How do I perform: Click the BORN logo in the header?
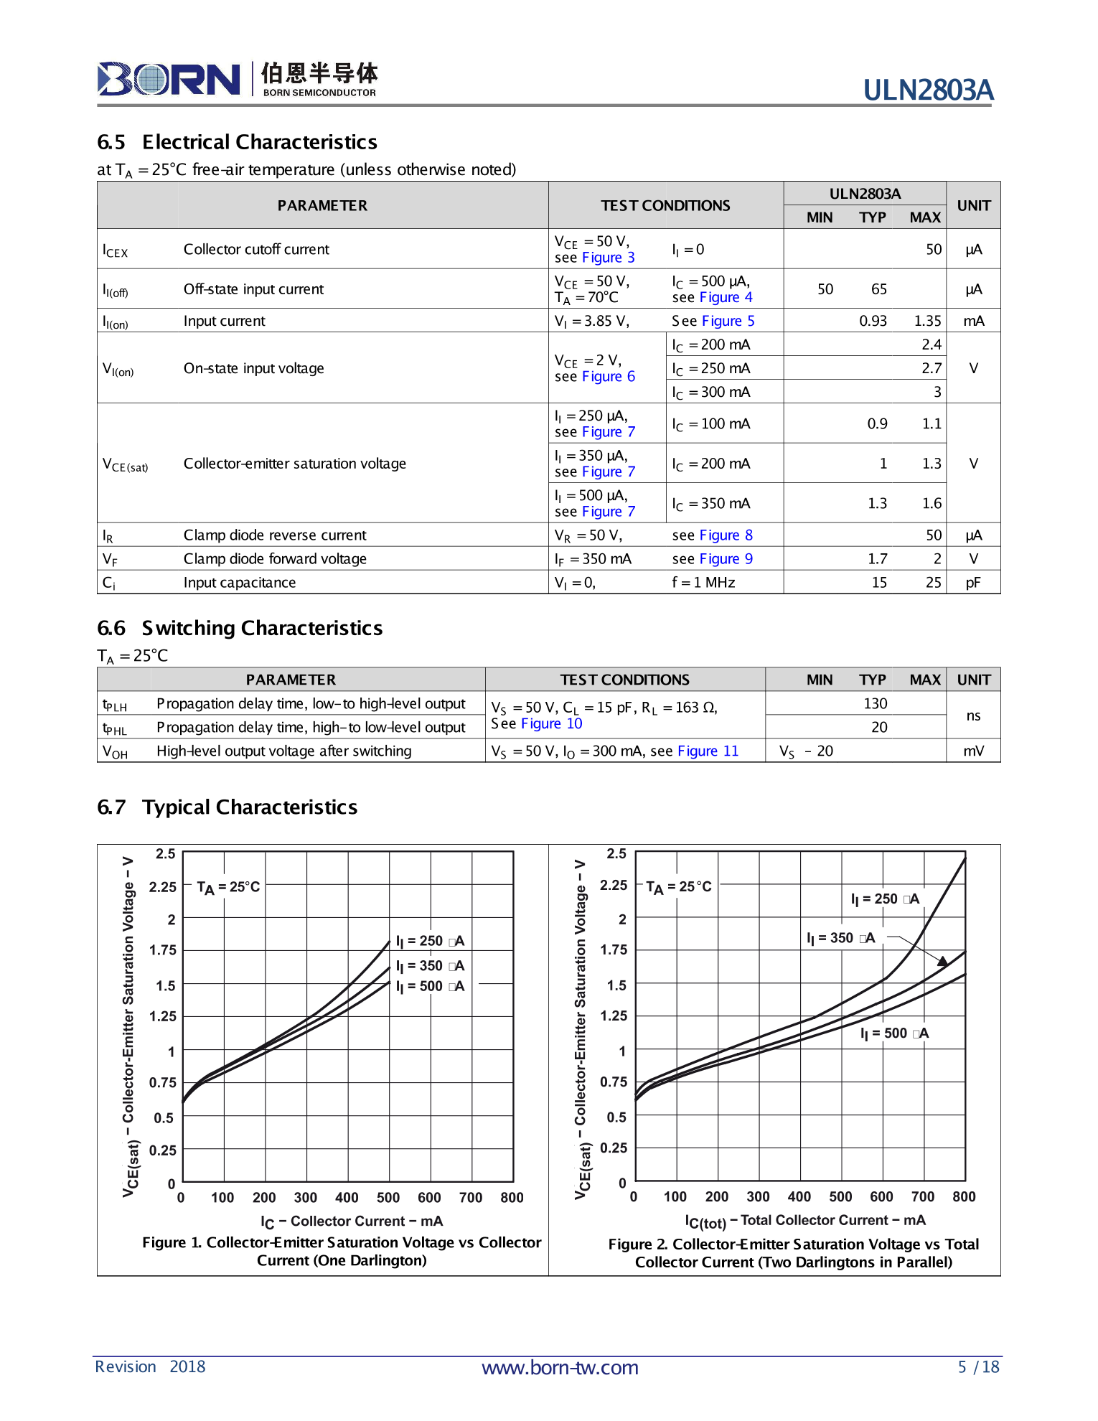click(169, 79)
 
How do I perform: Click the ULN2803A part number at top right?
click(927, 90)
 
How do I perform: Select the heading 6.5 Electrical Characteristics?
click(238, 142)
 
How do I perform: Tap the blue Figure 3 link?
click(608, 258)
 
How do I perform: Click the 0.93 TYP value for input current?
click(873, 321)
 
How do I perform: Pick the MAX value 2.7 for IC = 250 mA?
click(931, 368)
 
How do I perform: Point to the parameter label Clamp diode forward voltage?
click(275, 558)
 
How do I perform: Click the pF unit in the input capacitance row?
click(972, 582)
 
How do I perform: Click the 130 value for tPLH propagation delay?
click(875, 703)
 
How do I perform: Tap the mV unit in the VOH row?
click(973, 751)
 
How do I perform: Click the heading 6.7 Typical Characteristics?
click(227, 807)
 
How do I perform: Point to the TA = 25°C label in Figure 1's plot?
click(228, 887)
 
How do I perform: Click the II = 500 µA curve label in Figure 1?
click(430, 986)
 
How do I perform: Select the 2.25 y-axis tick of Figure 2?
click(614, 885)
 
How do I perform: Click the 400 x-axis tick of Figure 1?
click(347, 1197)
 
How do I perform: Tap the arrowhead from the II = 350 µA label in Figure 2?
click(942, 960)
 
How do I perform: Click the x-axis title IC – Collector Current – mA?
click(352, 1221)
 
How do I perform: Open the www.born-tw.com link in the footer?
click(560, 1367)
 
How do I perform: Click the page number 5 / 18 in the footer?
click(978, 1366)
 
